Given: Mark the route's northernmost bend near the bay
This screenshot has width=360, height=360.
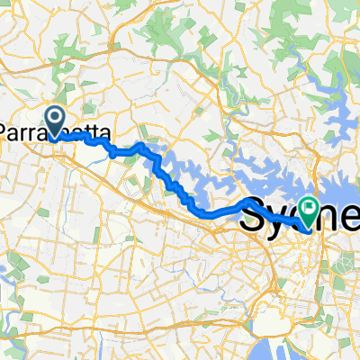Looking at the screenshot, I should [141, 144].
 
